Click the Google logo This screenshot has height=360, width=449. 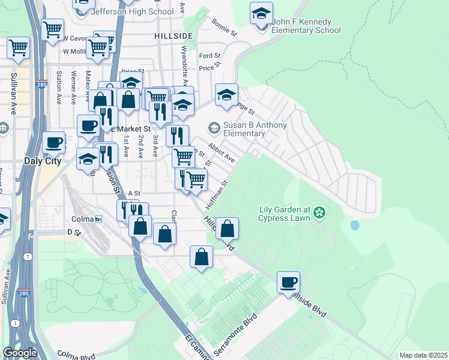click(20, 353)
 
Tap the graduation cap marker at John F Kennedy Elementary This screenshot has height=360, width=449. click(261, 14)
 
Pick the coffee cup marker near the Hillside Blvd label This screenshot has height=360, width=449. click(289, 281)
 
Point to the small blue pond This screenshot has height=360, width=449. click(354, 226)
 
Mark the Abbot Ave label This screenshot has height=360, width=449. click(221, 152)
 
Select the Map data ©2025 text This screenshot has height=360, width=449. click(423, 355)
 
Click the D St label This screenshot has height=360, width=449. click(74, 232)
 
